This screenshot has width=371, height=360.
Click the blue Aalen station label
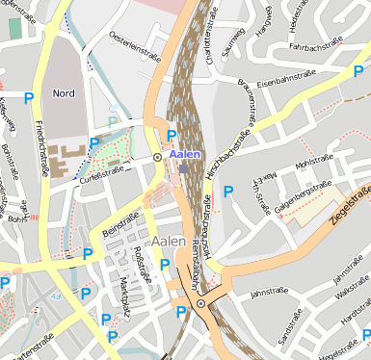point(185,154)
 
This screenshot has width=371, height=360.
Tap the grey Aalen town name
point(170,241)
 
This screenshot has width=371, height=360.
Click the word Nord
point(64,93)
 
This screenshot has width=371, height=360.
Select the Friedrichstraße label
point(41,148)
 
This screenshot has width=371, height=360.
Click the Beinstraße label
point(116,220)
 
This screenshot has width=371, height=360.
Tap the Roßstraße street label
point(145,261)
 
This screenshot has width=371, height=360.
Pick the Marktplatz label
point(123,297)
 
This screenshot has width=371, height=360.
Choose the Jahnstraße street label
point(269,292)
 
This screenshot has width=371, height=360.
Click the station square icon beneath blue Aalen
point(184,168)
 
